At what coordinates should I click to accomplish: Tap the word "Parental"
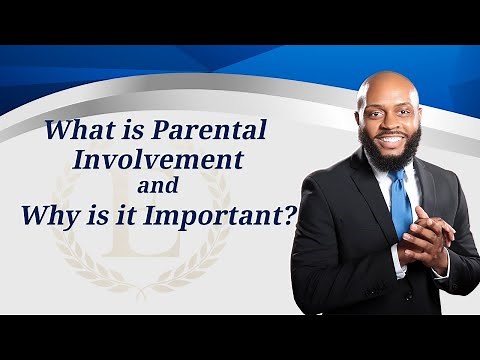point(221,131)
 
